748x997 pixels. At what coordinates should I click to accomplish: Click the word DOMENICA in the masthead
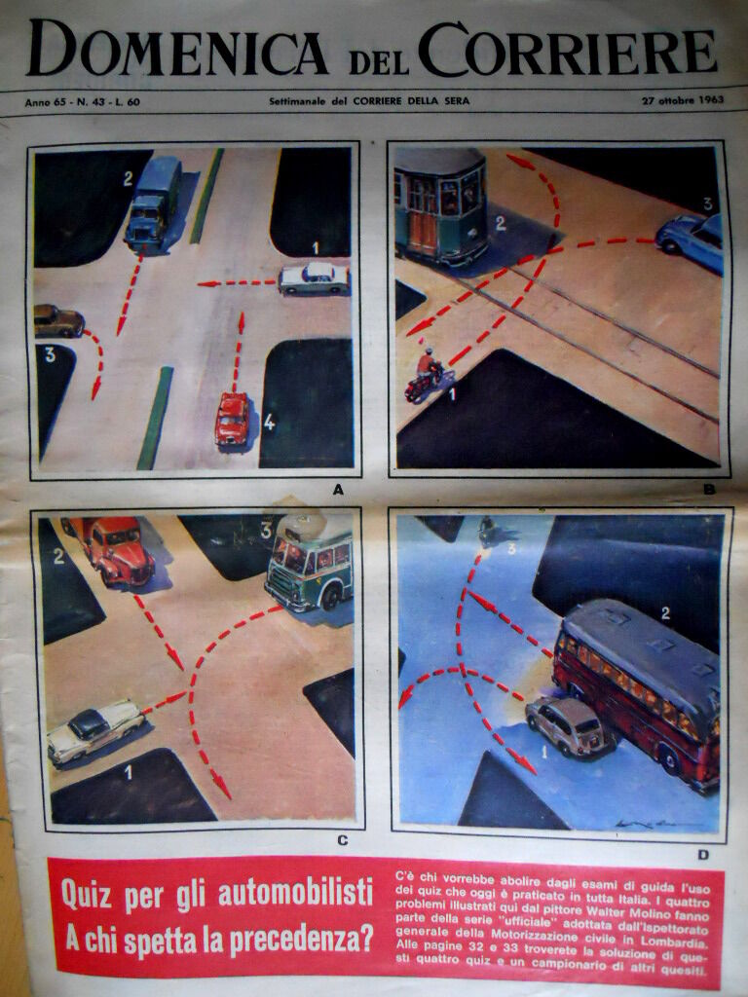[x=177, y=49]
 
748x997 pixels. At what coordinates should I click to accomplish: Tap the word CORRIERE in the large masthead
[x=568, y=50]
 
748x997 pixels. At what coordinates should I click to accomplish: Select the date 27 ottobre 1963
[x=683, y=100]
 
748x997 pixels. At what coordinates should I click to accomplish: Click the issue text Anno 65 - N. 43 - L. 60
[x=83, y=101]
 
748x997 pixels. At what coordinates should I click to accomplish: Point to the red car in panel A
[x=232, y=419]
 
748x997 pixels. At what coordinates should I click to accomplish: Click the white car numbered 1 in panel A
[x=315, y=278]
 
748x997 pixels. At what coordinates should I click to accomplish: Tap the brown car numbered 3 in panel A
[x=58, y=321]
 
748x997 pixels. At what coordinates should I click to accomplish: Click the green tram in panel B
[x=441, y=206]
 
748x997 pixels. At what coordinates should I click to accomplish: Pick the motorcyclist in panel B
[x=425, y=375]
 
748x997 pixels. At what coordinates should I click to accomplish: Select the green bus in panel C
[x=309, y=563]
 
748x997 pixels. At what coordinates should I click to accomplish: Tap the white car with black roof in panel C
[x=95, y=731]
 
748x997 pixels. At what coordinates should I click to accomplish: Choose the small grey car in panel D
[x=568, y=725]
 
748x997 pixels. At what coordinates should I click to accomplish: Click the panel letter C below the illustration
[x=342, y=840]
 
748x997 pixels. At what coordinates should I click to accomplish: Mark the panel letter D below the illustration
[x=703, y=855]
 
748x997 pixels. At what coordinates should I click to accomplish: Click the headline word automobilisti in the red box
[x=295, y=892]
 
